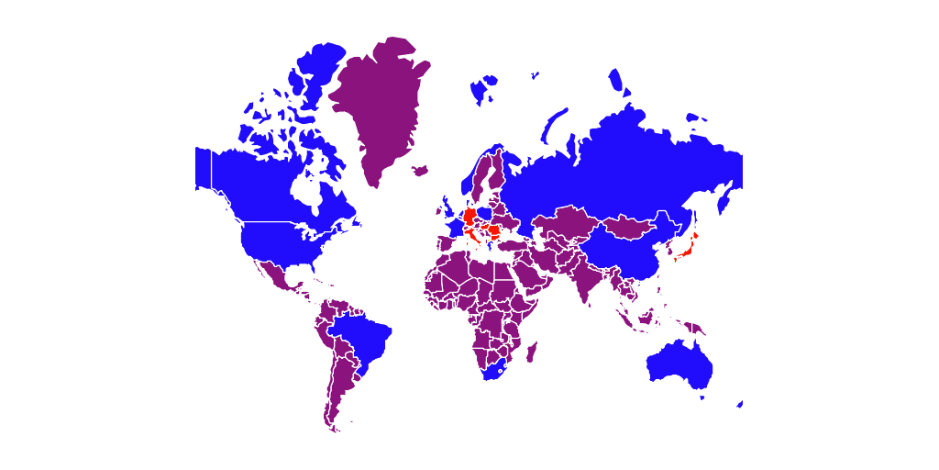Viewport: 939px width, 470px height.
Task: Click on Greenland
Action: [376, 101]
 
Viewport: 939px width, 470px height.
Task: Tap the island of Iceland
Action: [421, 170]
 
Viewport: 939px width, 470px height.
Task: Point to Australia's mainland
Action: [679, 367]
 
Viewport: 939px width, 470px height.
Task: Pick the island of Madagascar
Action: [531, 352]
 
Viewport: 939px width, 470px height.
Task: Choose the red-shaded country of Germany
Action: [469, 217]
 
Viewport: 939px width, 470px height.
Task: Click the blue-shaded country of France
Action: [456, 229]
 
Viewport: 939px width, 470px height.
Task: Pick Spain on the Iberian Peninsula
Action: [445, 245]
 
